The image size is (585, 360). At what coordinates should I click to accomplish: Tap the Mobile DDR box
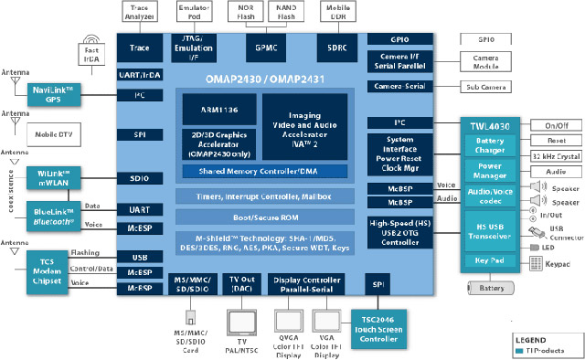coord(336,12)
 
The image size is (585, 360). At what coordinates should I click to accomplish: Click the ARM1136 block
coord(216,108)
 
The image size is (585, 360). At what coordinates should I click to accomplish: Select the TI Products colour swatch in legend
coord(520,350)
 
